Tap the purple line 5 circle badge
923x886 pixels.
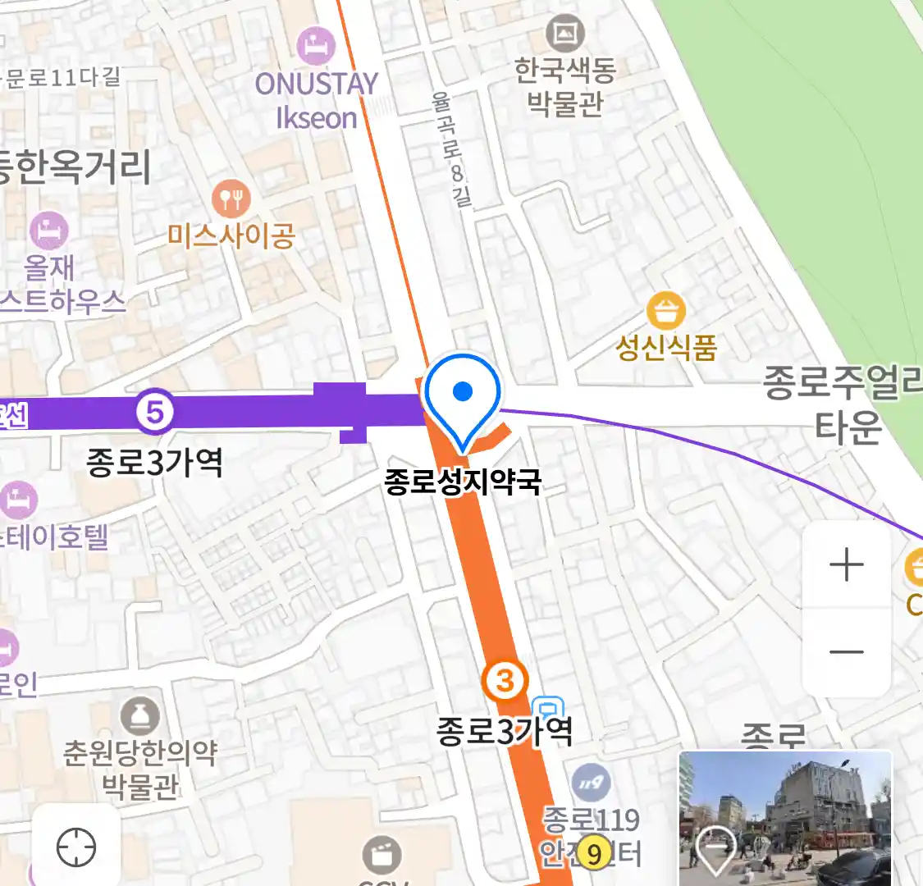pyautogui.click(x=155, y=412)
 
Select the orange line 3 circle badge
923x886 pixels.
pyautogui.click(x=505, y=680)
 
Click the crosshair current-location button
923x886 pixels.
pyautogui.click(x=76, y=847)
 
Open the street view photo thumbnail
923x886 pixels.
pyautogui.click(x=785, y=817)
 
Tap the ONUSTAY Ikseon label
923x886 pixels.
pyautogui.click(x=317, y=100)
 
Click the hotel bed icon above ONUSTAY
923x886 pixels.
pyautogui.click(x=316, y=46)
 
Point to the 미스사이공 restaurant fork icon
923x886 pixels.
pyautogui.click(x=231, y=199)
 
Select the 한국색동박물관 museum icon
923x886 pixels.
pyautogui.click(x=564, y=34)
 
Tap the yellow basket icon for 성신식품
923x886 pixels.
pyautogui.click(x=666, y=311)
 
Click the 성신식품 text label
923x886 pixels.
pyautogui.click(x=666, y=348)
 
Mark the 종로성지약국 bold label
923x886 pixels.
pyautogui.click(x=463, y=482)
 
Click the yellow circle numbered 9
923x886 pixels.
pyautogui.click(x=593, y=854)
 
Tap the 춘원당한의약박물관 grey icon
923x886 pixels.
pyautogui.click(x=140, y=717)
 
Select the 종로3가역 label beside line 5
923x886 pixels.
pyautogui.click(x=154, y=464)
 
